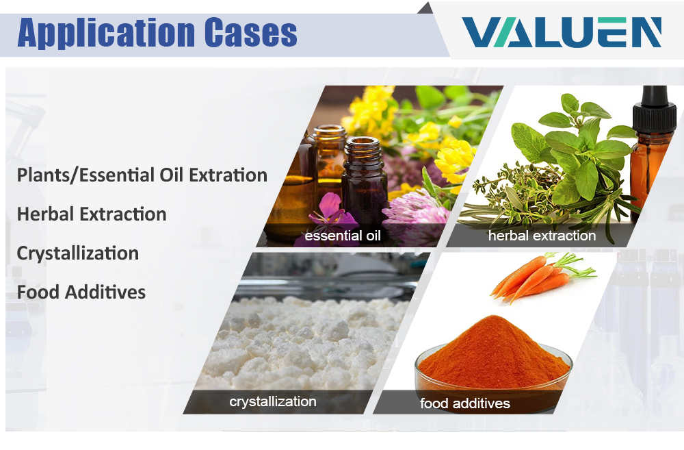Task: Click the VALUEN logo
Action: [562, 32]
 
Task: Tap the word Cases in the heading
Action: [251, 32]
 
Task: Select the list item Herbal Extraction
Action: [92, 214]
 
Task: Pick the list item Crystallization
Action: [78, 253]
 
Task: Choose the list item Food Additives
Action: [81, 292]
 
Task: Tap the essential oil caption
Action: [343, 236]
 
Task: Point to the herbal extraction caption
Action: [542, 236]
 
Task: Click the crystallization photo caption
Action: [273, 401]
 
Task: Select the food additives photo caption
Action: [465, 403]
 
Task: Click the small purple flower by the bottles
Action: [332, 212]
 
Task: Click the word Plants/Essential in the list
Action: [86, 175]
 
